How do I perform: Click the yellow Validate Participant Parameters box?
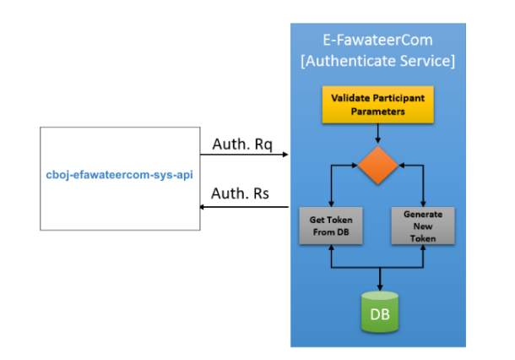pos(377,103)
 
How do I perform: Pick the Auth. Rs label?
pos(241,193)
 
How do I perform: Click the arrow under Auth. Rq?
pos(245,155)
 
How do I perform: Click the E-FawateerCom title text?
pos(377,41)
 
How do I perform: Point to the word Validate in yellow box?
pos(349,97)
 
